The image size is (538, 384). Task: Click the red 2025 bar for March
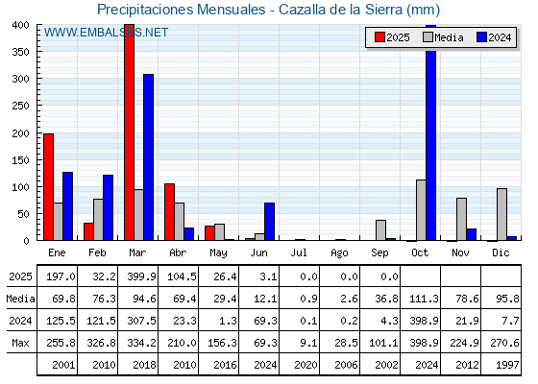[x=130, y=132]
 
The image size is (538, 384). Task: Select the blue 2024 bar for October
[x=431, y=132]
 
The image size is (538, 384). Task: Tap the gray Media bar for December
[x=501, y=214]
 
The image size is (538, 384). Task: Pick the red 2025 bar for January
[x=48, y=187]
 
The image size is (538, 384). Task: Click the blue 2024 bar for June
[x=269, y=222]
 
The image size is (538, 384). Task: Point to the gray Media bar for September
[x=380, y=230]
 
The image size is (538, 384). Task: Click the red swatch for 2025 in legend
[x=379, y=37]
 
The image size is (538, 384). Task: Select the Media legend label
[x=449, y=37]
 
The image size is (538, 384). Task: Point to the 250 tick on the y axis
[x=21, y=106]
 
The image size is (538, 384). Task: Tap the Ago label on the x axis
[x=339, y=253]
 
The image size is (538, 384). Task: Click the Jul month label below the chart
[x=299, y=252]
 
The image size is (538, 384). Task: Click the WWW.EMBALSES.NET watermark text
[x=106, y=33]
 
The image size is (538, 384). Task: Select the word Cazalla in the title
[x=303, y=10]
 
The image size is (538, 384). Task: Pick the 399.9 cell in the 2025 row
[x=141, y=276]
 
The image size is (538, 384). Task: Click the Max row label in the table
[x=20, y=343]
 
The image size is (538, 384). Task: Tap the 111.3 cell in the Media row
[x=424, y=299]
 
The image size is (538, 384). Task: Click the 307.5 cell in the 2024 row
[x=141, y=321]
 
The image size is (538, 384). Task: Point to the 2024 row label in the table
[x=20, y=321]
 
